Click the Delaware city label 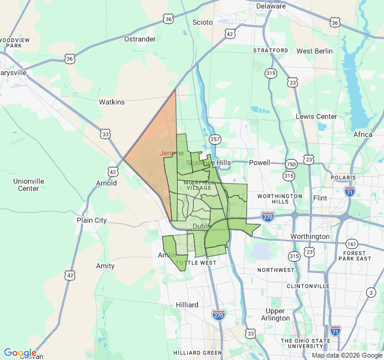[x=271, y=6]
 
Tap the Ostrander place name [x=140, y=39]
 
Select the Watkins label [x=112, y=102]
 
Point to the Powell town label [x=260, y=162]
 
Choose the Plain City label [x=92, y=220]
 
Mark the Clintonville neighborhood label [x=308, y=286]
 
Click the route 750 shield [x=292, y=164]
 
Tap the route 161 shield [x=352, y=244]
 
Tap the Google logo [x=20, y=353]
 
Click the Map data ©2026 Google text [x=346, y=355]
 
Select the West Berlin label [x=314, y=51]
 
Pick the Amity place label [x=105, y=266]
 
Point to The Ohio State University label [x=305, y=344]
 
